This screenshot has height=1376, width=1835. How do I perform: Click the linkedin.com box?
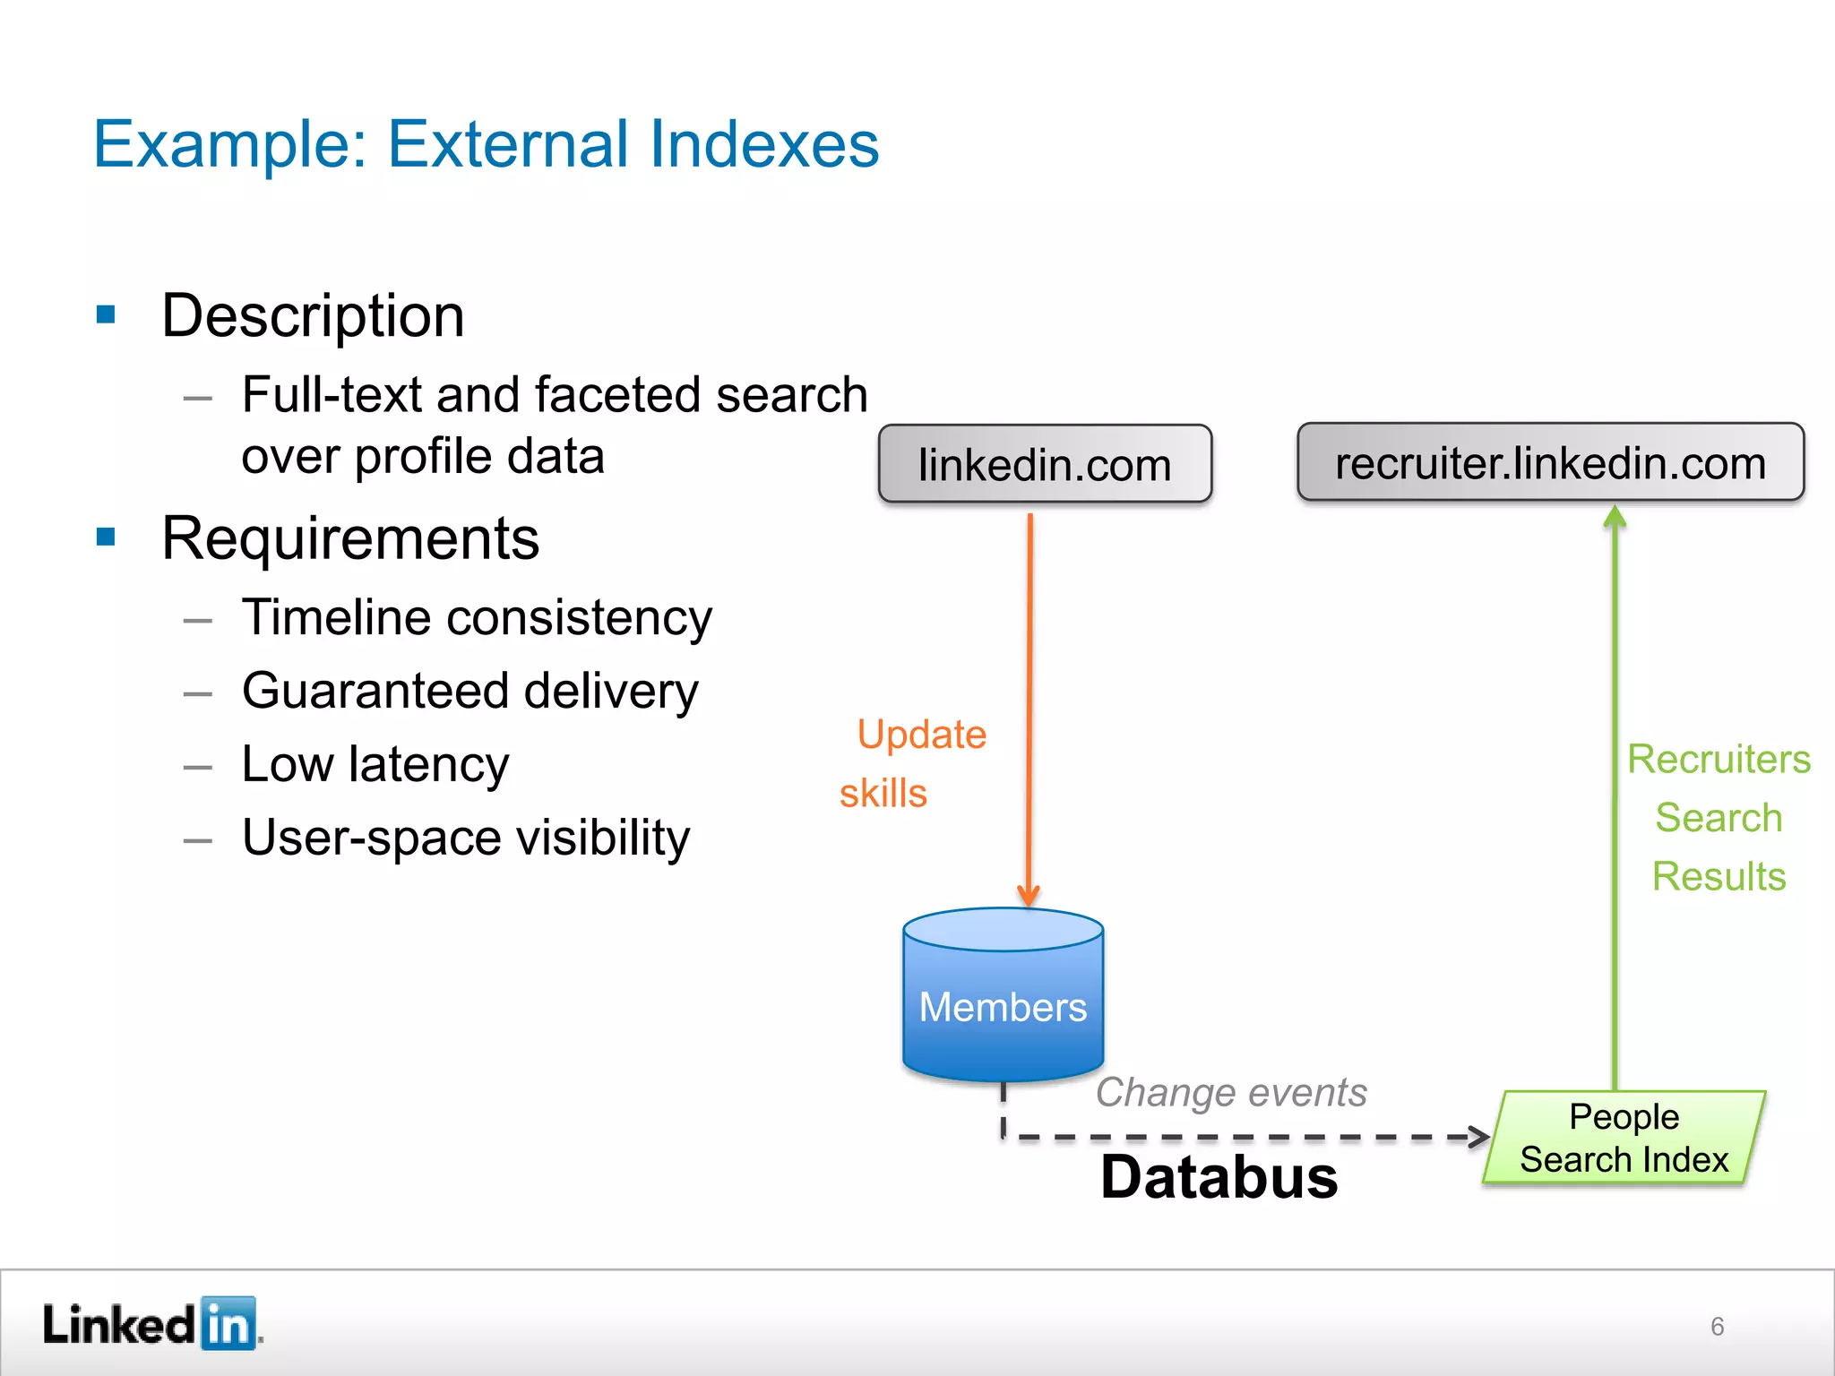1045,464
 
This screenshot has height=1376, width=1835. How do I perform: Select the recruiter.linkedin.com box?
1550,462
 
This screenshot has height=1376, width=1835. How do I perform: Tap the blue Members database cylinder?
1003,1003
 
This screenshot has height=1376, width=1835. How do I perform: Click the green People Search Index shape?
1624,1138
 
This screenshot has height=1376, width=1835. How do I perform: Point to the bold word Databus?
1219,1177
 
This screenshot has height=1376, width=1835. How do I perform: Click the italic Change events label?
1231,1092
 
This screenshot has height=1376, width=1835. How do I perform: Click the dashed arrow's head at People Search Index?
1480,1137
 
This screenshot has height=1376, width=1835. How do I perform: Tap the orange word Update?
921,735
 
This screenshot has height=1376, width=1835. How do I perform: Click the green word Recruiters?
1719,760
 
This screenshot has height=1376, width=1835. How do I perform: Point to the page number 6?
1717,1326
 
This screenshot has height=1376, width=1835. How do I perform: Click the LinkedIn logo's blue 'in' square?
228,1323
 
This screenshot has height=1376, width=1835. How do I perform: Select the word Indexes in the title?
763,144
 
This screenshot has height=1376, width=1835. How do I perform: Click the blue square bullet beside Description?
107,314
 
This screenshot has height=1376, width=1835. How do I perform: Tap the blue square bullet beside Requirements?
107,537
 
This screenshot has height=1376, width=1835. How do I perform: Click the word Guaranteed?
375,691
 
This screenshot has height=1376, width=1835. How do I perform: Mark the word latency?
428,764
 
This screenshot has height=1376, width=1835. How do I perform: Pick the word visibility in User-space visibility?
603,838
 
